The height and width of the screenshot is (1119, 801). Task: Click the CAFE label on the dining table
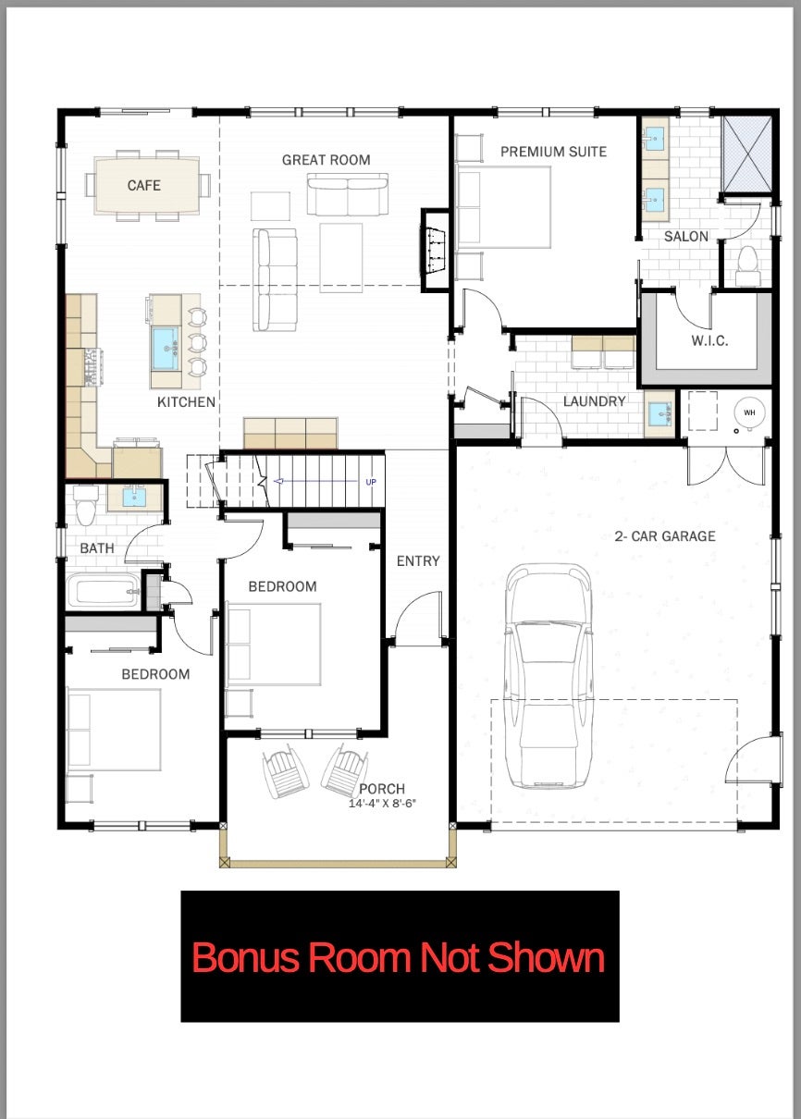click(143, 186)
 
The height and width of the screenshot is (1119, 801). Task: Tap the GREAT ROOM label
click(326, 160)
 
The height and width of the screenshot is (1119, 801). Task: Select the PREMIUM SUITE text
click(553, 152)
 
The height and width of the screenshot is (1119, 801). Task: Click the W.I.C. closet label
click(709, 340)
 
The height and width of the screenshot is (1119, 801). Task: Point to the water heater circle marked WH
click(749, 412)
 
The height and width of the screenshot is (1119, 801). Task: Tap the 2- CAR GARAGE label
click(665, 535)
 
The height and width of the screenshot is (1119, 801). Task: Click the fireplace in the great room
click(436, 245)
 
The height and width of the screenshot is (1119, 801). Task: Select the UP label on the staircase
click(370, 482)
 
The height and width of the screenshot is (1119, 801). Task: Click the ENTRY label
click(418, 561)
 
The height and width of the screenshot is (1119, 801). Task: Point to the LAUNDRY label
click(594, 401)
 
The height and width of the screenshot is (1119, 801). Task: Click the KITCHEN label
click(186, 402)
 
